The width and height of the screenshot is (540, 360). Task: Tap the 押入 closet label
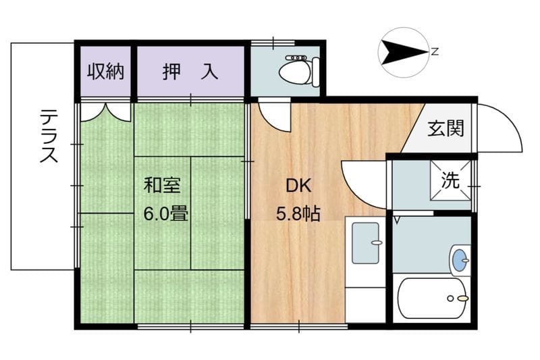point(190,72)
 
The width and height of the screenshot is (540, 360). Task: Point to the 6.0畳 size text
point(165,213)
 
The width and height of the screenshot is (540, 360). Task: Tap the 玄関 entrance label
point(446,128)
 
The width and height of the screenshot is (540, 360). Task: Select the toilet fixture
point(297,70)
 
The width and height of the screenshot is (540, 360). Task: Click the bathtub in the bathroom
point(432,298)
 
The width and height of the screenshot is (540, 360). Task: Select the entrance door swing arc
point(500,128)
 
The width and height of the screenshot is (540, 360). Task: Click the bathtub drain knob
point(462,298)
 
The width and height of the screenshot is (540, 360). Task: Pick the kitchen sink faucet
point(377,242)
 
